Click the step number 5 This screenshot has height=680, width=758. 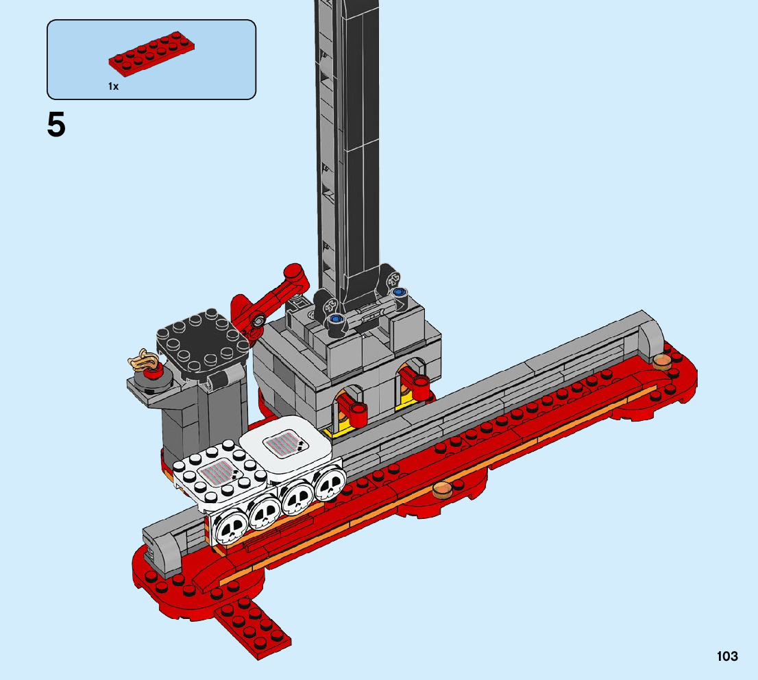56,125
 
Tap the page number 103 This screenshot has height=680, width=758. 727,656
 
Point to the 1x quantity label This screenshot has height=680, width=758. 113,86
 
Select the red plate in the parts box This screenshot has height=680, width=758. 151,54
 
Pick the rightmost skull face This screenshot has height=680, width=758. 328,485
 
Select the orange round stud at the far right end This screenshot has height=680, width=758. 662,361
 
